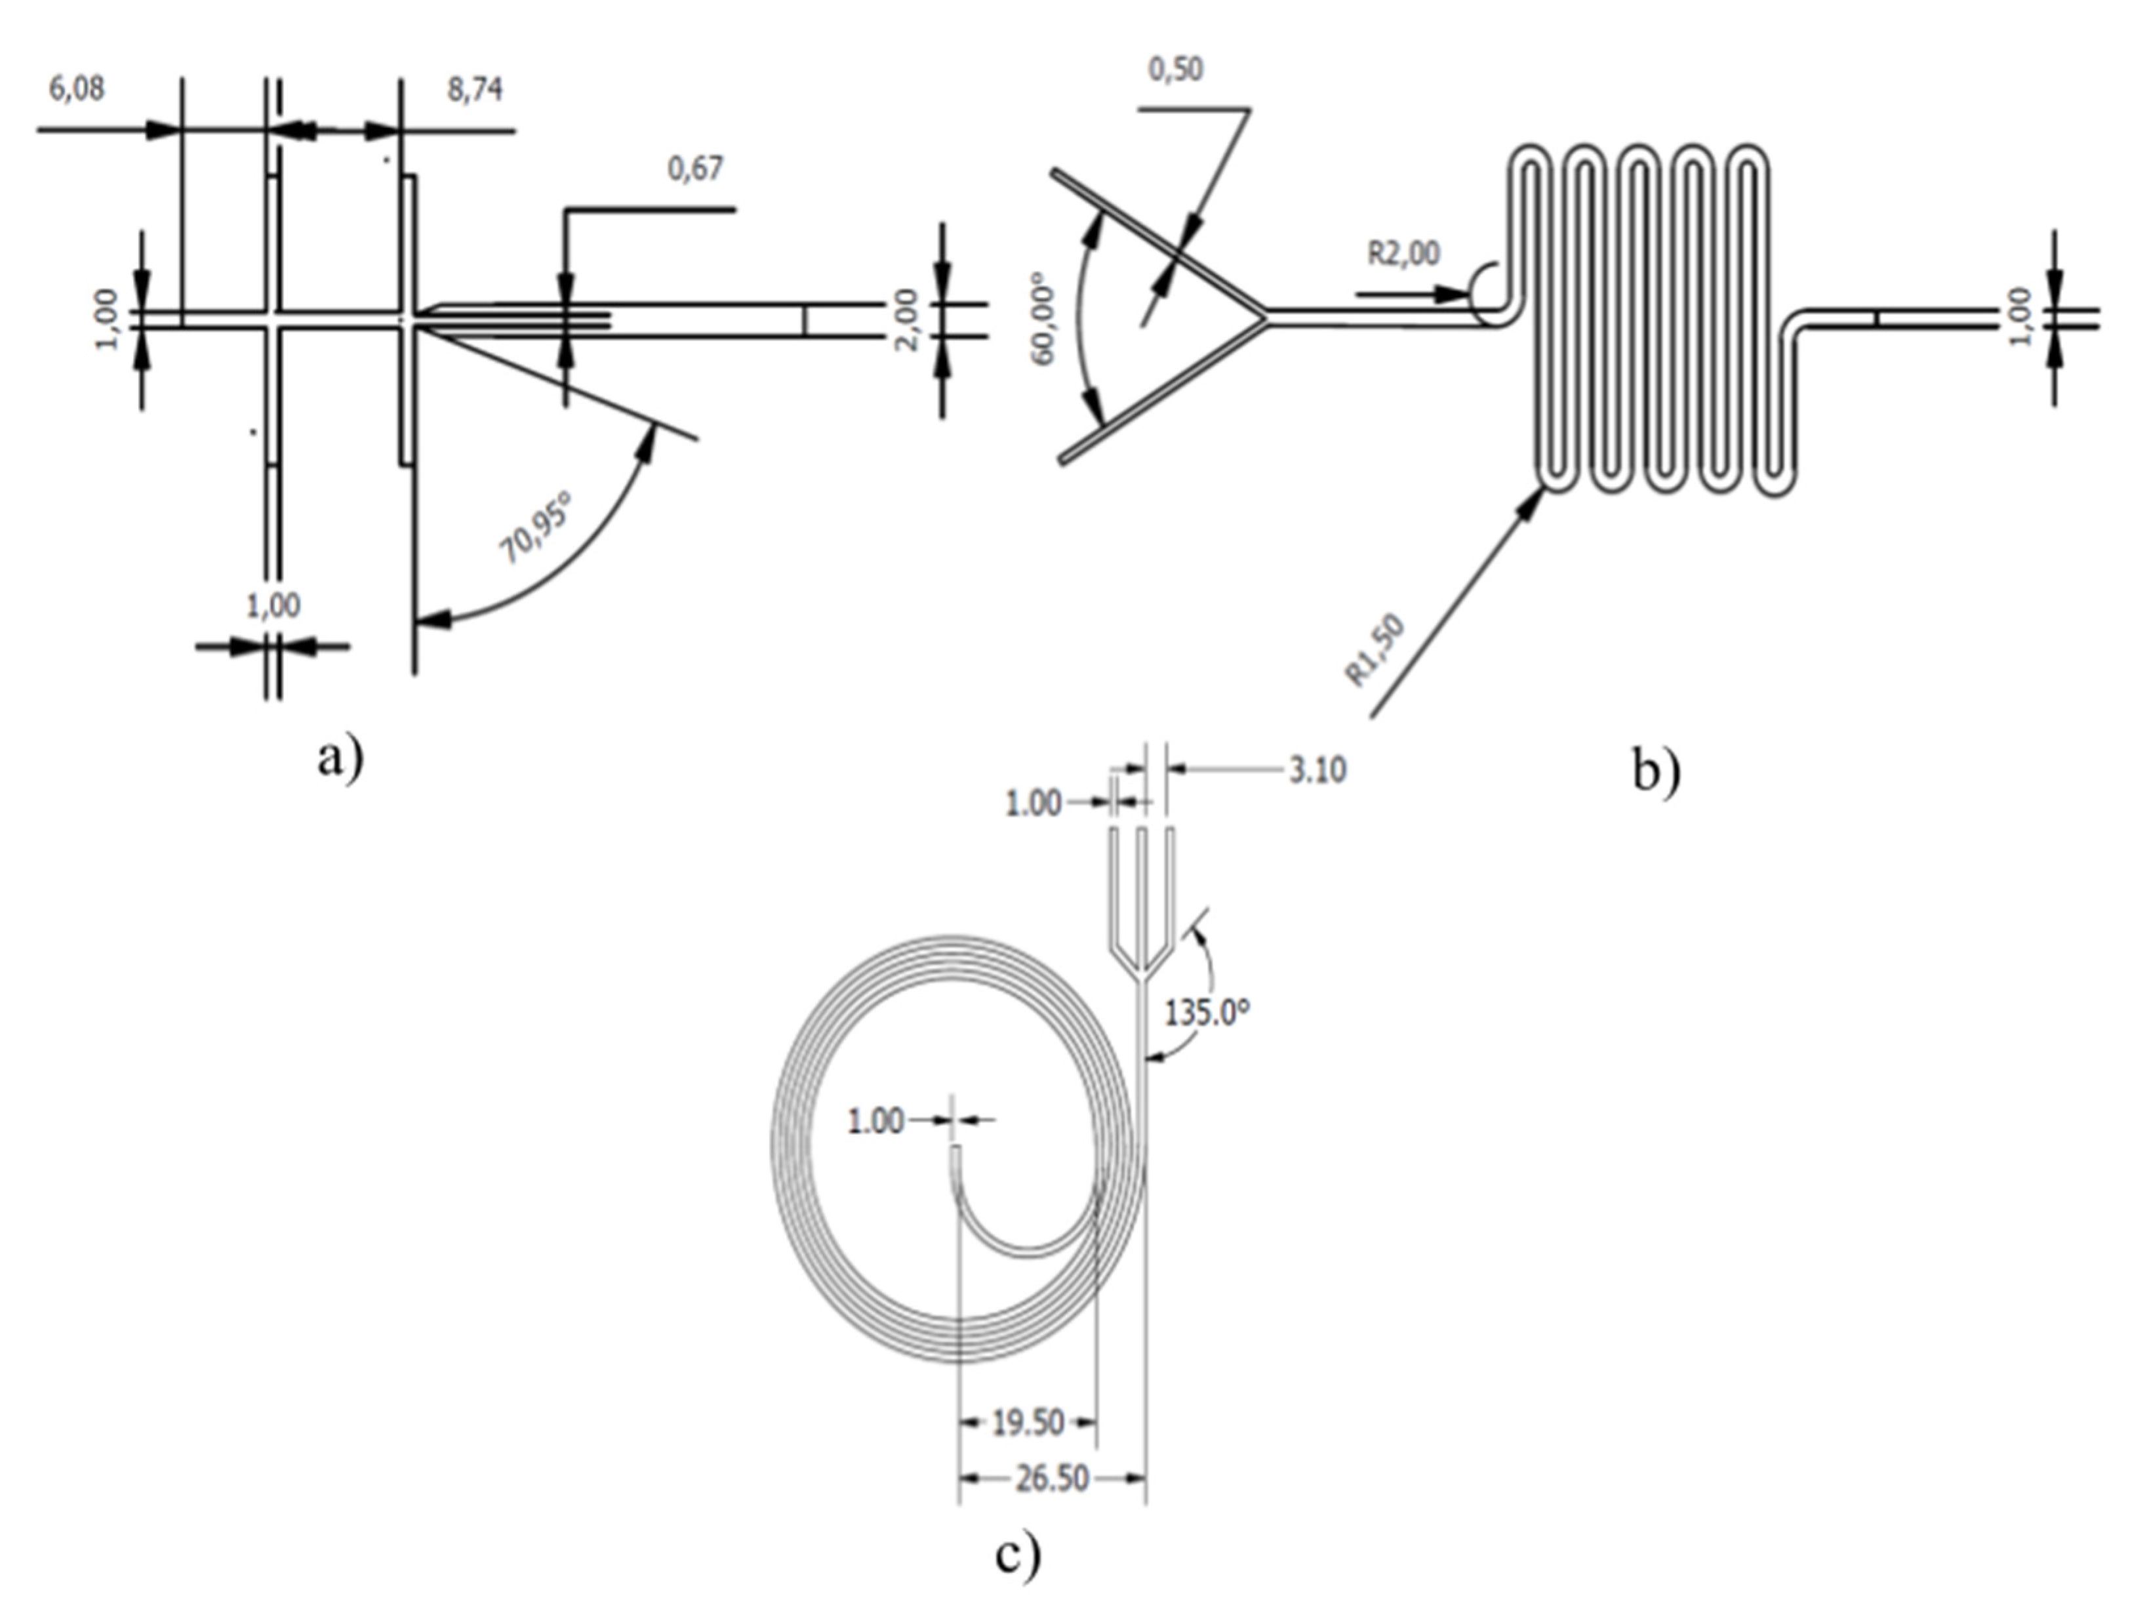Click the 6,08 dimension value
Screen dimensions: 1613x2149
tap(76, 89)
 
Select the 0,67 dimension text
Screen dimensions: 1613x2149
tap(696, 169)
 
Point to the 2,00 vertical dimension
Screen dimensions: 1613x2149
tap(906, 321)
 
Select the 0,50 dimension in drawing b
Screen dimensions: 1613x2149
tap(1176, 69)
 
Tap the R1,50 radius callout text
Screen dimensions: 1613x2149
tap(1375, 650)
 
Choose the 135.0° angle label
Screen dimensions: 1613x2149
tap(1207, 1013)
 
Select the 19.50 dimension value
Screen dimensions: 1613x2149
tap(1028, 1423)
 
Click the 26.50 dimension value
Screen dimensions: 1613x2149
tap(1052, 1480)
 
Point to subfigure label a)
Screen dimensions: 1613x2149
tap(340, 756)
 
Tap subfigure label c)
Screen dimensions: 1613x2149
tap(1017, 1554)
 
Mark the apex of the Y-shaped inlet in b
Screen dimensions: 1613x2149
tap(1266, 316)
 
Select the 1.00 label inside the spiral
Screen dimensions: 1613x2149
tap(875, 1121)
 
